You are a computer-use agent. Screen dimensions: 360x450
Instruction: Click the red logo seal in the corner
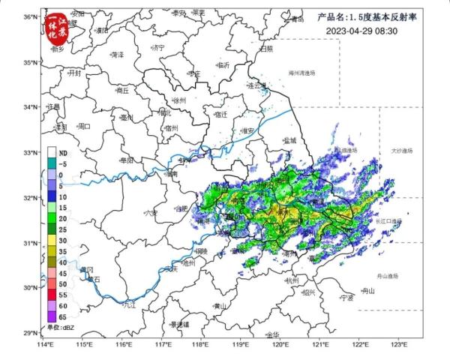(62, 24)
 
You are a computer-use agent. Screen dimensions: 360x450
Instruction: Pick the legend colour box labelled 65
(52, 316)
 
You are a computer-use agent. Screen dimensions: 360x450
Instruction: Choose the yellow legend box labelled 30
(52, 240)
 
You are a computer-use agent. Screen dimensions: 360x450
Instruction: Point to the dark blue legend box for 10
(52, 196)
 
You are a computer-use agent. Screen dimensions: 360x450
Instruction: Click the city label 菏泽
(117, 55)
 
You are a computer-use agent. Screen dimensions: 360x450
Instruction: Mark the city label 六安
(151, 214)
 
